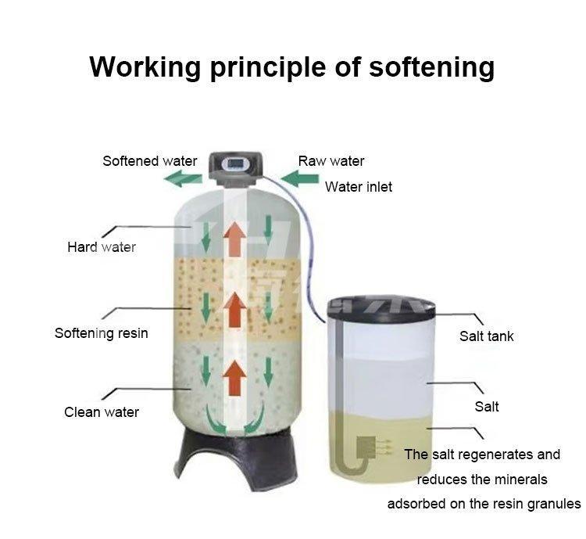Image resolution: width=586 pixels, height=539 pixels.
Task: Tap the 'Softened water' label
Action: pyautogui.click(x=150, y=161)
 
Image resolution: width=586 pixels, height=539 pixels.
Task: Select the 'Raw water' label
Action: pyautogui.click(x=331, y=161)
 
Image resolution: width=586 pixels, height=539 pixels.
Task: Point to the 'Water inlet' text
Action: pyautogui.click(x=359, y=187)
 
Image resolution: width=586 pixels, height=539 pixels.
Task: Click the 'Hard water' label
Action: pyautogui.click(x=102, y=247)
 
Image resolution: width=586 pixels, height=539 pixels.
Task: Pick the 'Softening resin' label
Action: pyautogui.click(x=101, y=333)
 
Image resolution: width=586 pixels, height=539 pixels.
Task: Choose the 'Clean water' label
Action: pyautogui.click(x=102, y=411)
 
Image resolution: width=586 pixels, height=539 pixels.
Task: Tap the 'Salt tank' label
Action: pyautogui.click(x=487, y=336)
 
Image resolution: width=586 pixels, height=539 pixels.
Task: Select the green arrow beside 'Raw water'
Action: pyautogui.click(x=299, y=179)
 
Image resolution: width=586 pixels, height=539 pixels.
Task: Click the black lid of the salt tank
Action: pyautogui.click(x=381, y=306)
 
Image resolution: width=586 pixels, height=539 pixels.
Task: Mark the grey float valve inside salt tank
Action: pyautogui.click(x=366, y=447)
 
